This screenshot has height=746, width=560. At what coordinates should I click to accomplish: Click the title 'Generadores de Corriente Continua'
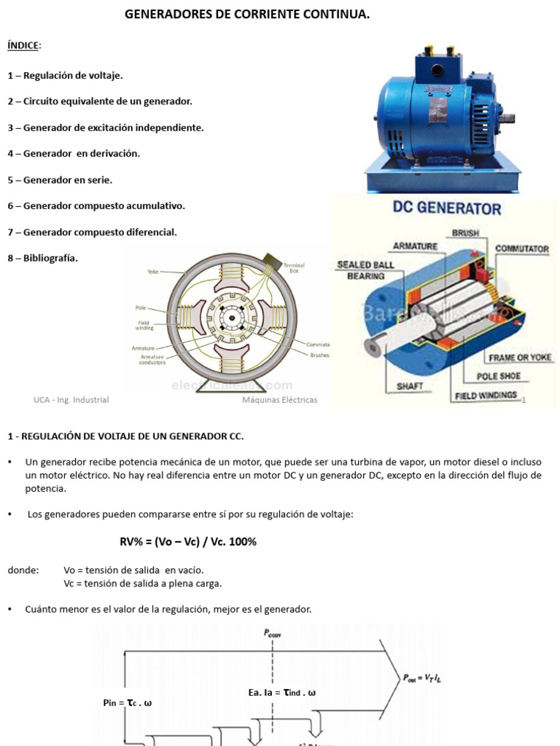tap(247, 15)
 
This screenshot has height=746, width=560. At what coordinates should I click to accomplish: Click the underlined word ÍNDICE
tap(24, 46)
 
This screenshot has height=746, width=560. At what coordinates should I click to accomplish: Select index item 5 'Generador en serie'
tap(60, 179)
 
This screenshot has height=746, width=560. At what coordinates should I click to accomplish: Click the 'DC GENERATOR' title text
tap(447, 208)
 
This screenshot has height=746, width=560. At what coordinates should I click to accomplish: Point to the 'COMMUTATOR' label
tap(521, 248)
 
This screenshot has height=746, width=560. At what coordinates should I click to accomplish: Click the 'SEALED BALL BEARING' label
tap(365, 270)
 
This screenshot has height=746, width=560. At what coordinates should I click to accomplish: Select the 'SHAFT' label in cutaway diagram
tap(411, 385)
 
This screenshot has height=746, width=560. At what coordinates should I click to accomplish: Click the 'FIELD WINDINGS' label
tap(486, 396)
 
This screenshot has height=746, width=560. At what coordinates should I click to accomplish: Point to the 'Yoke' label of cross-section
tap(152, 272)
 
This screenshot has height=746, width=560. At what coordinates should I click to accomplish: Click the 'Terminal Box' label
tap(294, 268)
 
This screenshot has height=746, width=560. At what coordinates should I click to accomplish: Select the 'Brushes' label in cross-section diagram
tap(319, 356)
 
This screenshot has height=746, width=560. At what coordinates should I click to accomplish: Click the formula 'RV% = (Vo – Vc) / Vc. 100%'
tap(188, 542)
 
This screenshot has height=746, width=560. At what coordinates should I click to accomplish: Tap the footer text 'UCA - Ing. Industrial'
tap(71, 400)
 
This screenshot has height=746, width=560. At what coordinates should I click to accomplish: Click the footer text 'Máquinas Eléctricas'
tap(279, 400)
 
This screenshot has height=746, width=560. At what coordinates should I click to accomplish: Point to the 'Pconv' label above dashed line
tap(273, 634)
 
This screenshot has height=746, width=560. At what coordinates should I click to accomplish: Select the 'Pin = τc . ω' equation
tap(128, 703)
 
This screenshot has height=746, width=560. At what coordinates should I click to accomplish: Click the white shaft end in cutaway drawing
tap(375, 346)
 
